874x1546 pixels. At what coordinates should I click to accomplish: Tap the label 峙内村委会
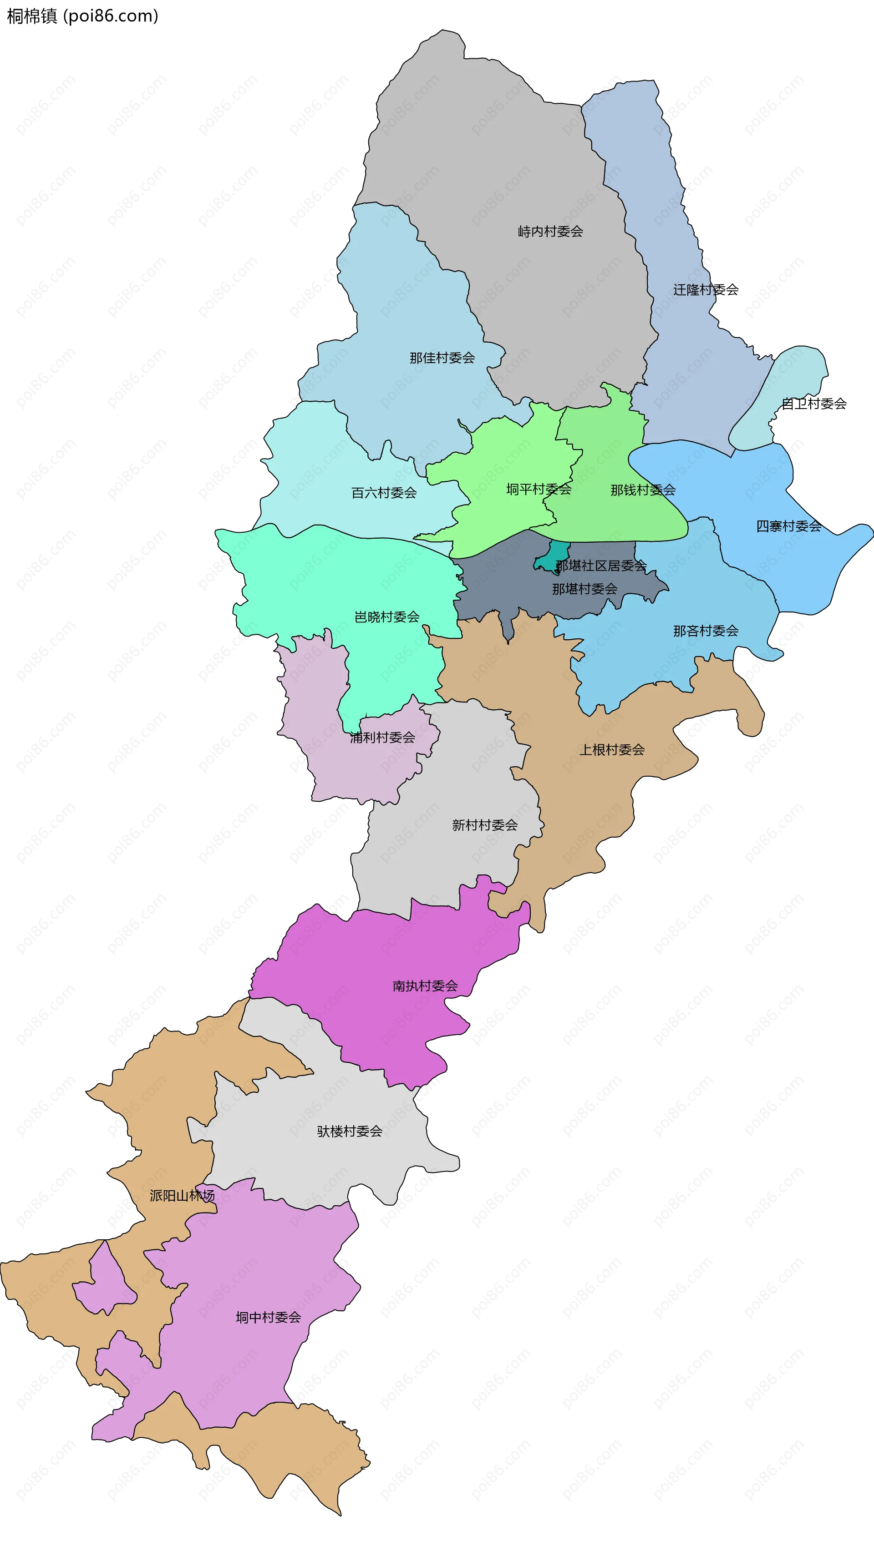550,232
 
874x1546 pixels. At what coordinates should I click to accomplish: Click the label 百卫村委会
813,404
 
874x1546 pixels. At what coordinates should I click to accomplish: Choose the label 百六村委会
384,493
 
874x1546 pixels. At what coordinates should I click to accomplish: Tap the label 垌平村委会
539,490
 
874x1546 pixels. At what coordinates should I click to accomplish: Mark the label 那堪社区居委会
601,566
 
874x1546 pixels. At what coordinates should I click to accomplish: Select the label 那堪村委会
584,589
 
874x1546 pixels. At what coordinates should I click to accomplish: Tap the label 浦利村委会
382,738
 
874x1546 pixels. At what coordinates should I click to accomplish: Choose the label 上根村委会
612,750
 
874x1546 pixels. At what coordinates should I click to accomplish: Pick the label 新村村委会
484,825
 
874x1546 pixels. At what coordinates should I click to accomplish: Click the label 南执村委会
425,986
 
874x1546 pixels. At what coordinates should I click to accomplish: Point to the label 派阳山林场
182,1196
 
